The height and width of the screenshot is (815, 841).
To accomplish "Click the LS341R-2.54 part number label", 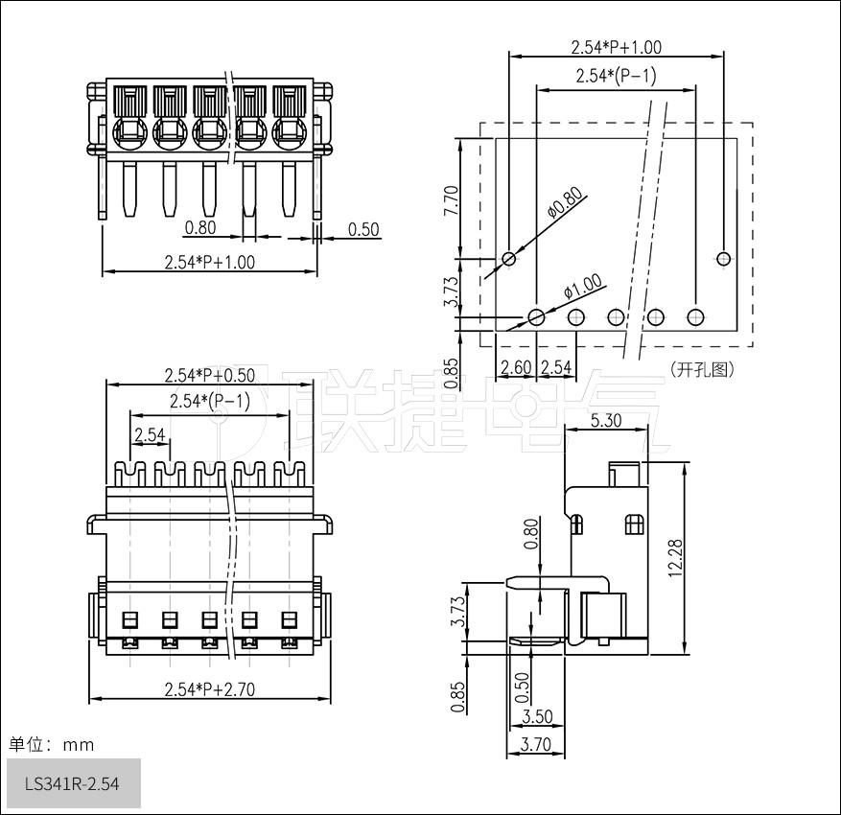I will coord(73,783).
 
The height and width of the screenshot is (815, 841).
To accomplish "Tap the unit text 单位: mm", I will coord(52,744).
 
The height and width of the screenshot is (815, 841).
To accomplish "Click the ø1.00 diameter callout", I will coord(582,287).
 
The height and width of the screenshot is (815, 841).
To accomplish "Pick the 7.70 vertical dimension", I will coord(452,201).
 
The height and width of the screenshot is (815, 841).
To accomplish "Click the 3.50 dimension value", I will coord(537,716).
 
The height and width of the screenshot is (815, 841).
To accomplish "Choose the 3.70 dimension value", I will coord(534,743).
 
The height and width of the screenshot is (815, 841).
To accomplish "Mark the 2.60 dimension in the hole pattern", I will coord(516,367).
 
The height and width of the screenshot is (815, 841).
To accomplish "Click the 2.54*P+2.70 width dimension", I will coord(209,688).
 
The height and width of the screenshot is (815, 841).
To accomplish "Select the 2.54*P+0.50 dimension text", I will coord(209,374).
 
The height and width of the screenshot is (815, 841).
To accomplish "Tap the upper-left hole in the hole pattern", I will coord(509,259).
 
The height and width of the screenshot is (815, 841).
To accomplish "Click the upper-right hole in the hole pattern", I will coord(724,258).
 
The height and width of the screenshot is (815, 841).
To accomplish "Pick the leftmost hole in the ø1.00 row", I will coord(537,317).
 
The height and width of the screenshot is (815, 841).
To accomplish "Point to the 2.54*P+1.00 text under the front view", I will coord(209,262).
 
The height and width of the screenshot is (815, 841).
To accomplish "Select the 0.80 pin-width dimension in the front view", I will coord(199,228).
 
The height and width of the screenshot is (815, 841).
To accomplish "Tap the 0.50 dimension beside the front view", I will coord(363,229).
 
